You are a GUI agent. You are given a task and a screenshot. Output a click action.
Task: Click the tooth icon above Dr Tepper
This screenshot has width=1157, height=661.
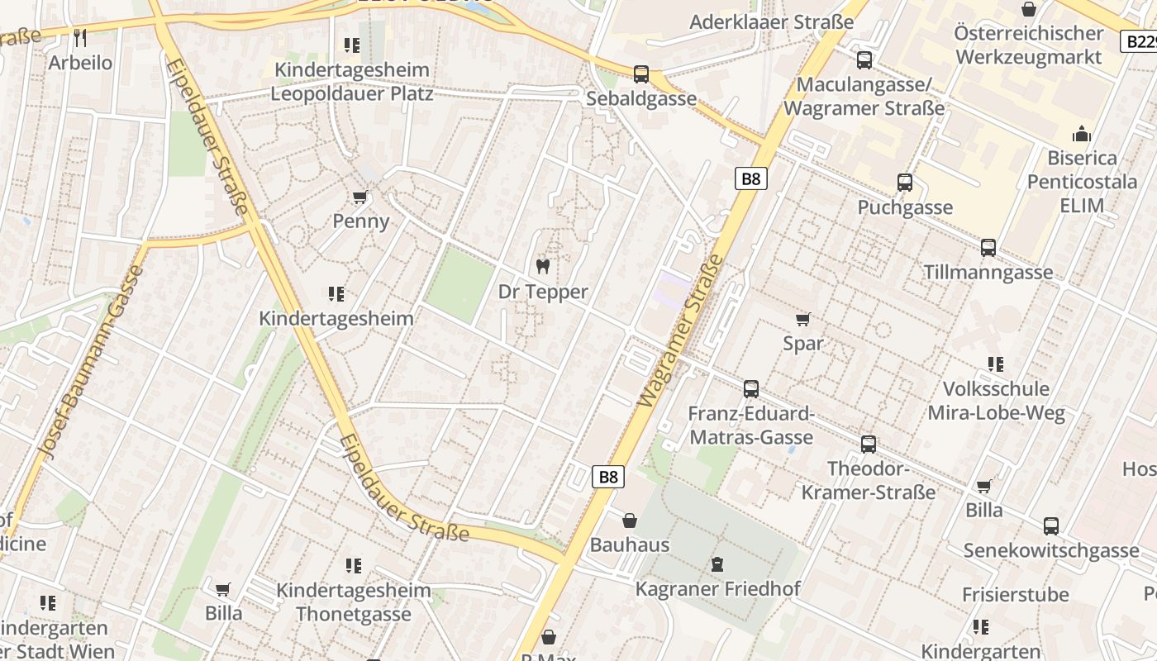[543, 266]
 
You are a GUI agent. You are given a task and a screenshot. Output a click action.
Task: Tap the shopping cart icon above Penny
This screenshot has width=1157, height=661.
[359, 197]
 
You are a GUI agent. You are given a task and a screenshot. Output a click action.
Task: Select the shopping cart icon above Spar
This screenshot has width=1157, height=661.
[802, 319]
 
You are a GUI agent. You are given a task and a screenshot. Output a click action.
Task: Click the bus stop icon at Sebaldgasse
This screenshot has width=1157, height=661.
[641, 74]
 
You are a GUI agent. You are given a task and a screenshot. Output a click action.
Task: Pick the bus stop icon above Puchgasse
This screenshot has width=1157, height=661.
[905, 183]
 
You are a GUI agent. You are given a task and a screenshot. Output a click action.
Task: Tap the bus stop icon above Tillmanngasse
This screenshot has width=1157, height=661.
[988, 247]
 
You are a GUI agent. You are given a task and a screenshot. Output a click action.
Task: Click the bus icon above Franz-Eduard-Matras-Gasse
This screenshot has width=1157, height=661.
[751, 388]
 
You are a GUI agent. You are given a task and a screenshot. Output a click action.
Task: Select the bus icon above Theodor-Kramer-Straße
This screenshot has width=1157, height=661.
[869, 444]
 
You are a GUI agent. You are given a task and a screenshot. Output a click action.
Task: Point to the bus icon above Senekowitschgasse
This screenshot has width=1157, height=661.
[1051, 525]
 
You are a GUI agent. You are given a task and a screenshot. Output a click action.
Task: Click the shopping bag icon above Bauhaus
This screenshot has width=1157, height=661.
[630, 521]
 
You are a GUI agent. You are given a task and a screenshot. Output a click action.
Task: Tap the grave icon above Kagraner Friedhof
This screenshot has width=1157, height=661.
[717, 564]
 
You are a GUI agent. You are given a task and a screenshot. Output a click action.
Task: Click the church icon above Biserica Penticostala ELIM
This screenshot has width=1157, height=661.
[1081, 134]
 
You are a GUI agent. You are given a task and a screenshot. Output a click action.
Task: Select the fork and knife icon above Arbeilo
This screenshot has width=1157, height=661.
[80, 37]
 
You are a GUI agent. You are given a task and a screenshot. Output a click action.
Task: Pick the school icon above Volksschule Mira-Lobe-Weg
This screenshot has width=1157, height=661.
[996, 364]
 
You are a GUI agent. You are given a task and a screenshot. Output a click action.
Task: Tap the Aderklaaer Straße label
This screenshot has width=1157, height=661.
[771, 22]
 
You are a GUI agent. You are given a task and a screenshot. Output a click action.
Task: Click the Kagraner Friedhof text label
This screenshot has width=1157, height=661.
[717, 589]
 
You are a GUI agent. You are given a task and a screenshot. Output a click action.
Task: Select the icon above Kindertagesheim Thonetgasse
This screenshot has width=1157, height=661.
[354, 566]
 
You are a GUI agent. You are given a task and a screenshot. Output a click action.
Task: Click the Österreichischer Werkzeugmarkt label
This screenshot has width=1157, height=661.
[1028, 45]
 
